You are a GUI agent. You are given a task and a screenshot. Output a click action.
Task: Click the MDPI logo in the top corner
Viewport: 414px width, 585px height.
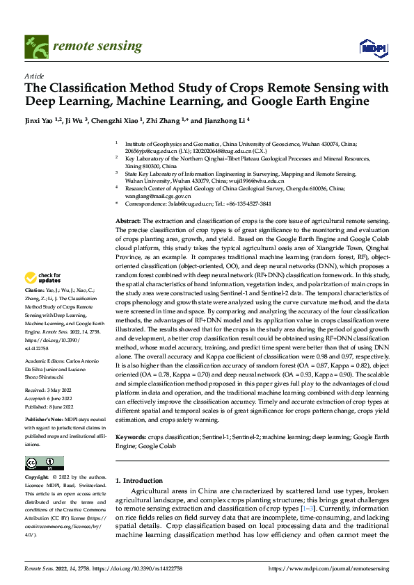(x=374, y=47)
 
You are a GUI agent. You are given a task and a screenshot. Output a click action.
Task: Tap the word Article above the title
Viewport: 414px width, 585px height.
(x=35, y=76)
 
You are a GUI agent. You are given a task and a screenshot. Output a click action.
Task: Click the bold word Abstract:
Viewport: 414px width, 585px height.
(x=128, y=220)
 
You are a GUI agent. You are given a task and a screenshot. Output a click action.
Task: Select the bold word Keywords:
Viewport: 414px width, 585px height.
(x=132, y=419)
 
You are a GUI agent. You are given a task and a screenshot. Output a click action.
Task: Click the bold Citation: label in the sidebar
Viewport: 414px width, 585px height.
(x=35, y=308)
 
